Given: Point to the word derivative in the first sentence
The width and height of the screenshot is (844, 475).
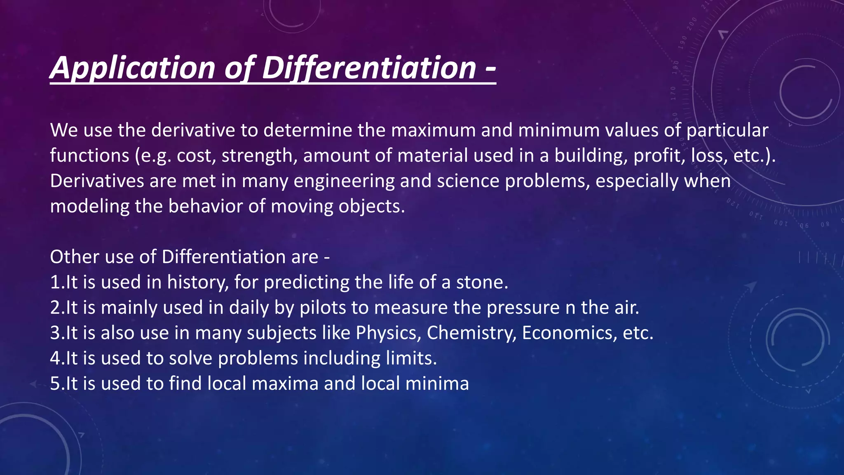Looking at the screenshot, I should [193, 130].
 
